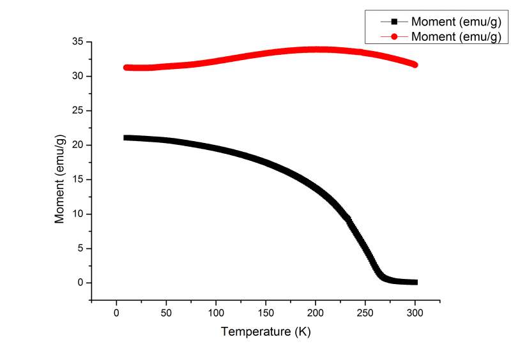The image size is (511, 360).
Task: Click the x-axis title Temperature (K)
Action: click(265, 332)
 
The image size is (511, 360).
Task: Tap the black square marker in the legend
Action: click(395, 22)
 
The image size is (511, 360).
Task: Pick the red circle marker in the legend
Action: click(395, 36)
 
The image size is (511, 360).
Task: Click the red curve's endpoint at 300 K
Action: click(415, 64)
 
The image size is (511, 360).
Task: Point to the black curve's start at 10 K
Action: click(126, 138)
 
